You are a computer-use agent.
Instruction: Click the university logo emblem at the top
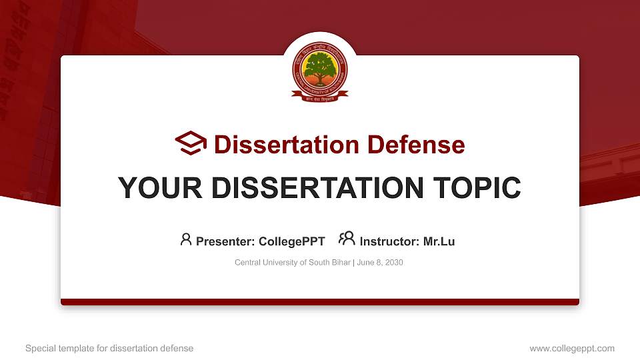point(319,73)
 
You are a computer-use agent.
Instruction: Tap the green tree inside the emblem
point(319,67)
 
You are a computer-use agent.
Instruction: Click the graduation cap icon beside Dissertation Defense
point(191,143)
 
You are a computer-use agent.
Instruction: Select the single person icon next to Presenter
point(186,239)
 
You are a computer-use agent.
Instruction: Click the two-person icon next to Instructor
point(347,239)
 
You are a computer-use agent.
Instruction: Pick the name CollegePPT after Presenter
point(293,241)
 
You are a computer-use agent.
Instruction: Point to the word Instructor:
point(389,241)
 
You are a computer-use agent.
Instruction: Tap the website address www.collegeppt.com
point(572,348)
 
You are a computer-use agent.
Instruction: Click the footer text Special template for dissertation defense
point(109,348)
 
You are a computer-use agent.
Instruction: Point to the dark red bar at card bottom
point(319,302)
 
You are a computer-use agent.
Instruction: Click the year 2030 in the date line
point(393,263)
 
